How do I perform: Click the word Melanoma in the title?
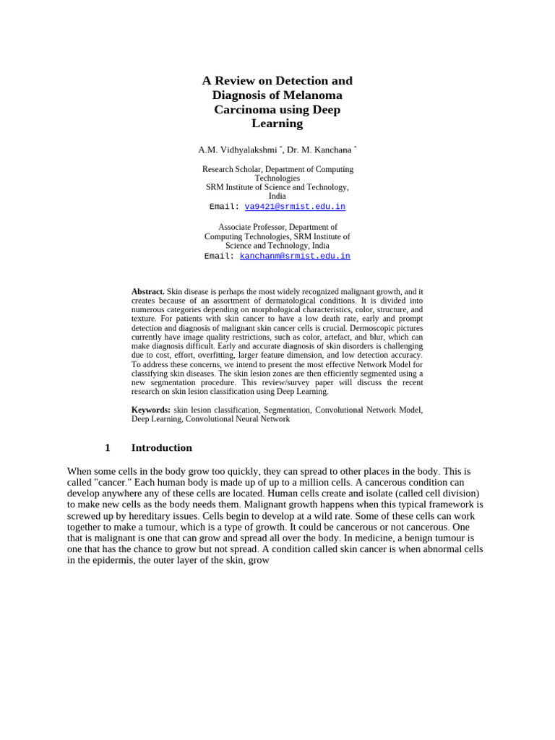point(312,95)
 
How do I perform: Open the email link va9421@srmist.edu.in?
point(295,207)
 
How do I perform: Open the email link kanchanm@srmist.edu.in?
point(295,256)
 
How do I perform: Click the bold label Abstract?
point(147,291)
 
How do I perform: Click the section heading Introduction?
point(161,448)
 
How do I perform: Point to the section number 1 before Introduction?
point(108,448)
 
